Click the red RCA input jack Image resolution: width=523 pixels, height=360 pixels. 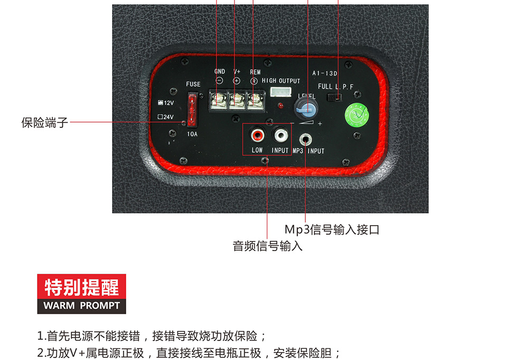[257, 135]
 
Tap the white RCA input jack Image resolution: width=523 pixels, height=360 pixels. [281, 135]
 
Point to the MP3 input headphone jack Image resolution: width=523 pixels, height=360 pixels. [305, 139]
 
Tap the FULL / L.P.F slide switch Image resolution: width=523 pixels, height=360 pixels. [334, 97]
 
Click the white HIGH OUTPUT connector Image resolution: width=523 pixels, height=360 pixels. [281, 92]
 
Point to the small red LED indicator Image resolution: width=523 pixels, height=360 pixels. [281, 106]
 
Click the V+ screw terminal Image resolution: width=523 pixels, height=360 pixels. [237, 100]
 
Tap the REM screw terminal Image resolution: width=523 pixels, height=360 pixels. [255, 100]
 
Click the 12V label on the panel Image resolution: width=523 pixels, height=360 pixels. [166, 103]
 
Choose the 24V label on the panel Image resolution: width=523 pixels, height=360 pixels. [166, 117]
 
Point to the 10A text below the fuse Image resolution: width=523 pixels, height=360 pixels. [192, 134]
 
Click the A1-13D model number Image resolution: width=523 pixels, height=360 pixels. [325, 73]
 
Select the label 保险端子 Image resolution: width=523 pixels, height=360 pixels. [45, 123]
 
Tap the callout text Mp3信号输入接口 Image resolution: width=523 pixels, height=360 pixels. [332, 229]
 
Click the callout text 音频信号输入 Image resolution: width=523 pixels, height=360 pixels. [267, 246]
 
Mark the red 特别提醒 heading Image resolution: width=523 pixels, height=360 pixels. [82, 287]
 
